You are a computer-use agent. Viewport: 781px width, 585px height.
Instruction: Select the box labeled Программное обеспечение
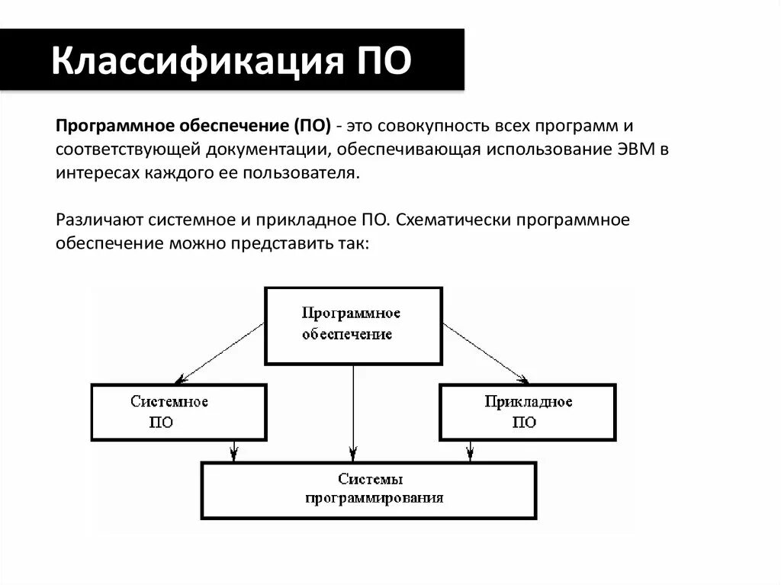click(353, 325)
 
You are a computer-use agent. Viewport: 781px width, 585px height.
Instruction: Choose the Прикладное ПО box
click(528, 412)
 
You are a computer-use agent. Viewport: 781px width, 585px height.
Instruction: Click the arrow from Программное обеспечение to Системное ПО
click(221, 351)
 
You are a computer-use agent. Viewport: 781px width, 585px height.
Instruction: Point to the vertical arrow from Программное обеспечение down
click(353, 412)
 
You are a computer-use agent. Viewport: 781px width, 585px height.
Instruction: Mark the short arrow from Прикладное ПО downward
click(469, 451)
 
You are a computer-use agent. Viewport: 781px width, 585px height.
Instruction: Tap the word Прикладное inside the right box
click(528, 402)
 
